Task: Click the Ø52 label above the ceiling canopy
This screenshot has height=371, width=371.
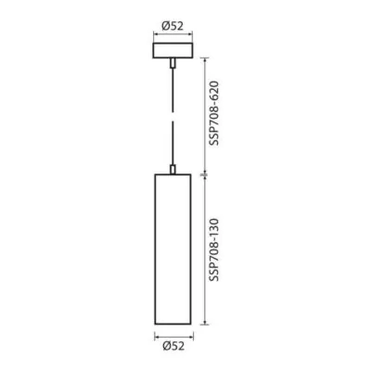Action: pos(173,26)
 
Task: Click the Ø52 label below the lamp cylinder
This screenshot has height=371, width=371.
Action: pos(173,346)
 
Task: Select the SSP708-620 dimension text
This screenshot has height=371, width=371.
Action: pos(213,113)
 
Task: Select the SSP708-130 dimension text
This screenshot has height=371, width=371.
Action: pos(213,249)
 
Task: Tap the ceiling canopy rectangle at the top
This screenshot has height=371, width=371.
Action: pos(173,50)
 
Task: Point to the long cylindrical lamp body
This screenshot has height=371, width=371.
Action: pos(173,249)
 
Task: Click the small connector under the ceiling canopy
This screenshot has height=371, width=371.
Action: pos(173,63)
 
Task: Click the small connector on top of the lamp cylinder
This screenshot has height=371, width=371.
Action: pos(173,170)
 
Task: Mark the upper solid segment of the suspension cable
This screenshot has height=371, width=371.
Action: pos(173,91)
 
